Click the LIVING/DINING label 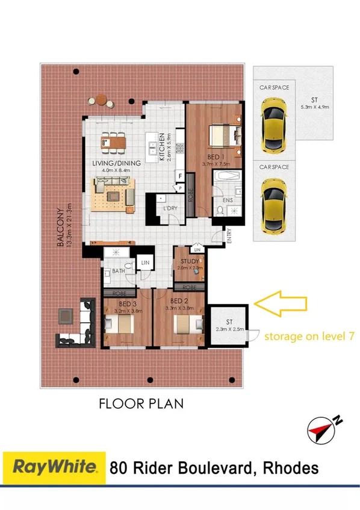(x=116, y=163)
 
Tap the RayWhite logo (x=55, y=467)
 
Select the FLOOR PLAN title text (x=141, y=403)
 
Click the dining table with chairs (x=114, y=141)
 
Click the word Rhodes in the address (x=288, y=467)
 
